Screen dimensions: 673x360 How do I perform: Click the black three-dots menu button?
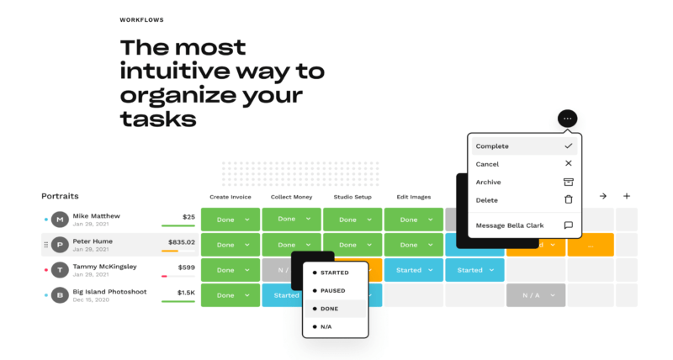(567, 119)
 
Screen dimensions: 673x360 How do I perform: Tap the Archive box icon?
(569, 182)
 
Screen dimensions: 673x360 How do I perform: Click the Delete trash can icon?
(569, 199)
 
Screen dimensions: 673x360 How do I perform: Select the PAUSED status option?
(332, 290)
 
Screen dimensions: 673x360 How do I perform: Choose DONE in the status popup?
(329, 309)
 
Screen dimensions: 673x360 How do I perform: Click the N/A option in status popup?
(326, 326)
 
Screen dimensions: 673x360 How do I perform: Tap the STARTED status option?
(334, 273)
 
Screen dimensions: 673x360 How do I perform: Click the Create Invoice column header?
(231, 197)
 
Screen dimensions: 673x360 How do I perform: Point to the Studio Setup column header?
(352, 197)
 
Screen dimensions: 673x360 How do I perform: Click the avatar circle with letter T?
(60, 270)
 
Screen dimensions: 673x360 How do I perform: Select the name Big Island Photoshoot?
(109, 292)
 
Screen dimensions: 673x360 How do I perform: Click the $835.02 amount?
(182, 242)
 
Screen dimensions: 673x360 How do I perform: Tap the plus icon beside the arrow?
(627, 196)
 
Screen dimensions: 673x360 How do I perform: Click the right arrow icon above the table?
(603, 196)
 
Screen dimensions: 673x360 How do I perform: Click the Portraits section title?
(60, 196)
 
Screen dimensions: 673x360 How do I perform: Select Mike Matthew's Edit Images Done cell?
(414, 220)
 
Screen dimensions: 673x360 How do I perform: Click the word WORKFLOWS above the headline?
(141, 19)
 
